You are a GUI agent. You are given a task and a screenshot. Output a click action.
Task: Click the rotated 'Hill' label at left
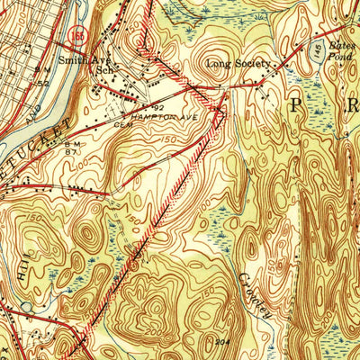pyautogui.click(x=22, y=274)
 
